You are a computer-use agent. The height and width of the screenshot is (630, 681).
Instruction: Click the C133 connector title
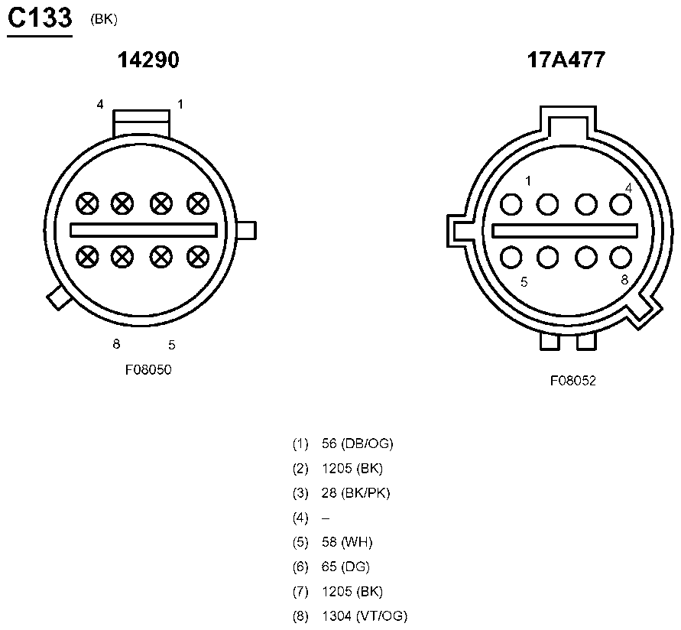(x=40, y=18)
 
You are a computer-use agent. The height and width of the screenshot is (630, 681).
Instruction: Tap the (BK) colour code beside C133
(x=104, y=20)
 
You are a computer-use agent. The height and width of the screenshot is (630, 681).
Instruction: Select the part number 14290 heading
(x=148, y=60)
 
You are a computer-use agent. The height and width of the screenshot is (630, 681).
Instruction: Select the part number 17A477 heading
(x=566, y=60)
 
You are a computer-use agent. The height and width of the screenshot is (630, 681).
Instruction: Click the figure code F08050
(x=148, y=370)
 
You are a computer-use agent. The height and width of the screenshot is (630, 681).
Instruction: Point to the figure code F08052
(x=573, y=381)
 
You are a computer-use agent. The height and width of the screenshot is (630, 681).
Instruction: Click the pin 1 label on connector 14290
(x=180, y=104)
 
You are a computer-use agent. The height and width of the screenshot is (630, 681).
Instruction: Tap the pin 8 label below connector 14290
(x=116, y=344)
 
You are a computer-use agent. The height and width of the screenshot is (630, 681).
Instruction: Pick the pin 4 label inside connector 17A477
(x=628, y=188)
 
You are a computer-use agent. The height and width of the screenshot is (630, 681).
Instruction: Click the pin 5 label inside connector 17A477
(x=524, y=282)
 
